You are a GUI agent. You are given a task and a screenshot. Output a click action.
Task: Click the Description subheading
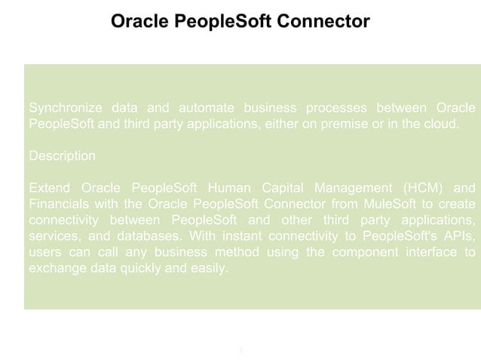coord(62,156)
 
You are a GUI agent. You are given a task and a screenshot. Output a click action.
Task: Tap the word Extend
coord(48,188)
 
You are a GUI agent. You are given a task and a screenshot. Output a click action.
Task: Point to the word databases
coord(142,235)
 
